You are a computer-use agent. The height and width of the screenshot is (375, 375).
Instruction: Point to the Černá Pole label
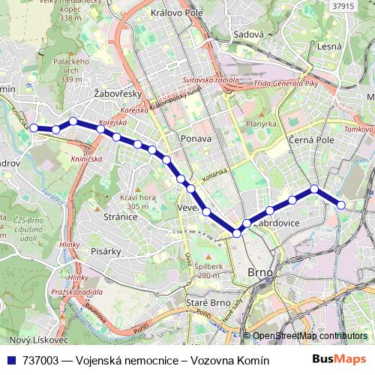[x=309, y=139]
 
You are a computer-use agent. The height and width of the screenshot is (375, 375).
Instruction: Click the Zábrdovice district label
[x=277, y=223]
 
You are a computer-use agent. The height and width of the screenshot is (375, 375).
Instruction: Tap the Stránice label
[x=121, y=217]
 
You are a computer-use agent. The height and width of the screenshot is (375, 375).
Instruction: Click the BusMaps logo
[x=340, y=360]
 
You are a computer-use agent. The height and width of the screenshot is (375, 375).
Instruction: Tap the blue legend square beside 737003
[x=13, y=360]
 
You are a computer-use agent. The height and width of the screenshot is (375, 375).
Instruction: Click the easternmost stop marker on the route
[x=341, y=204]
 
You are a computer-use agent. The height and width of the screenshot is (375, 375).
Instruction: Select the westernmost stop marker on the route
[x=34, y=128]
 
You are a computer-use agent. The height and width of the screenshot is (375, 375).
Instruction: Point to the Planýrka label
[x=261, y=124]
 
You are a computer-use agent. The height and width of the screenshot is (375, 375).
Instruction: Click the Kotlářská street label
[x=214, y=172]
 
